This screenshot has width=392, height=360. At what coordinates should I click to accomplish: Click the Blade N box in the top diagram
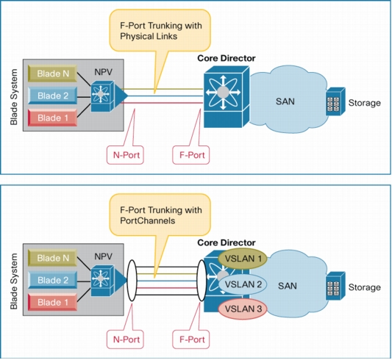[x=52, y=73]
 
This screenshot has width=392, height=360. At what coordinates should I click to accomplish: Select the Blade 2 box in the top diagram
[x=52, y=96]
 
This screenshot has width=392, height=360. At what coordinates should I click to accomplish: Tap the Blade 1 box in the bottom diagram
[x=52, y=302]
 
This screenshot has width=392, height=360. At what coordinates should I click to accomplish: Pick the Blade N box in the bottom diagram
[x=52, y=258]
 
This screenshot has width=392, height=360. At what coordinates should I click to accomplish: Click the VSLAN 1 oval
[x=243, y=259]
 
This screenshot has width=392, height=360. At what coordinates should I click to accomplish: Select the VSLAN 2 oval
[x=243, y=284]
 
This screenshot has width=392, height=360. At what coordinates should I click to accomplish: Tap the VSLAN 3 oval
[x=243, y=309]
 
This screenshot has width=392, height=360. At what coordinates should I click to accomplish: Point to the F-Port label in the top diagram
[x=191, y=155]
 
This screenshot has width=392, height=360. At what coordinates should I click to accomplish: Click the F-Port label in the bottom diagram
[x=191, y=339]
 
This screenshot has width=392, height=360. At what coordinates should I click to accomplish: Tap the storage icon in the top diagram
[x=335, y=101]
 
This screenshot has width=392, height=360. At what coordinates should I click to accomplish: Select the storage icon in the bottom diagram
[x=335, y=286]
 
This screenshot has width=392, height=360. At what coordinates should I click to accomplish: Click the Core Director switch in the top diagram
[x=227, y=97]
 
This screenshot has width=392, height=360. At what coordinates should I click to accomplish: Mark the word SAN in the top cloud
[x=285, y=101]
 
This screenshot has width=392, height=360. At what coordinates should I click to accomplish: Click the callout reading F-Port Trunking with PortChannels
[x=160, y=215]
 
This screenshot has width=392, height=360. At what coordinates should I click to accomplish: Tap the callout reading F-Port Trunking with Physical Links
[x=160, y=30]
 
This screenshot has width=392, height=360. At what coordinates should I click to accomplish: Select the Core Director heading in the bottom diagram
[x=227, y=242]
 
